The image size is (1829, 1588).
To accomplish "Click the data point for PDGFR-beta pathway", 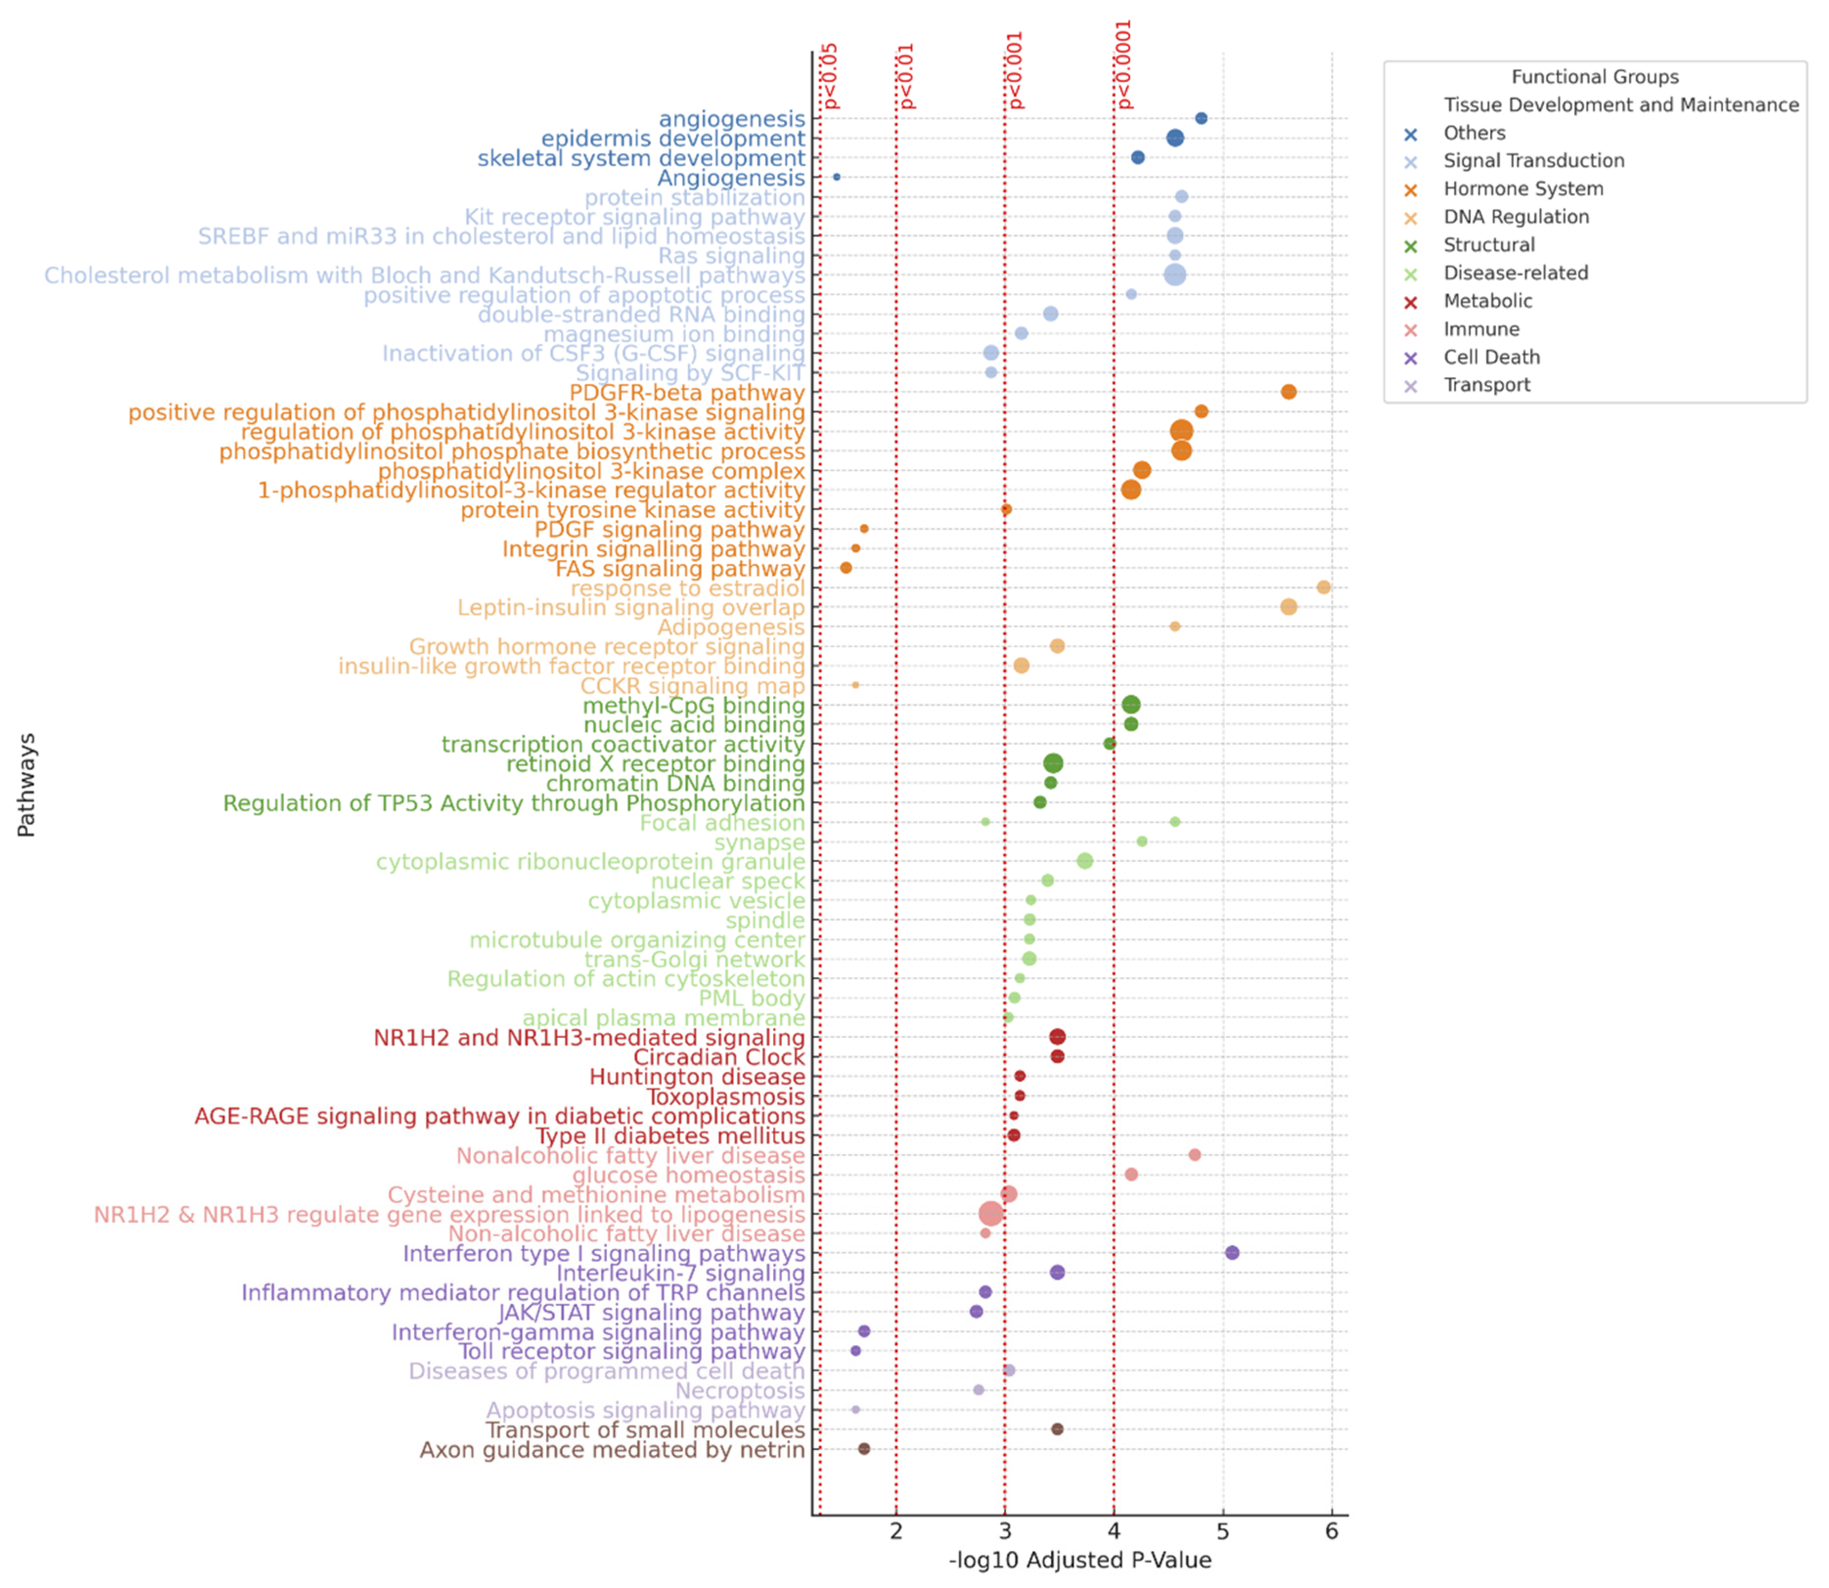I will tap(1289, 392).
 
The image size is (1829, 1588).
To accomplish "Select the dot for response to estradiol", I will tap(1323, 587).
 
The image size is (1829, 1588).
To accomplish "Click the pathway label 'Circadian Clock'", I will tap(719, 1057).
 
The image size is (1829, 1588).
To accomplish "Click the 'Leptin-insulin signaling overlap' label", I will tap(631, 608).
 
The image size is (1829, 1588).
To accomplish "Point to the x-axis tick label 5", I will tap(1223, 1531).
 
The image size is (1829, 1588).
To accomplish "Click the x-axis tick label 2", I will tap(896, 1531).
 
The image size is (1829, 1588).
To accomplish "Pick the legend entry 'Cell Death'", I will tap(1492, 357).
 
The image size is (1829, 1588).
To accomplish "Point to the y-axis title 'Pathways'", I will tap(26, 784).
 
